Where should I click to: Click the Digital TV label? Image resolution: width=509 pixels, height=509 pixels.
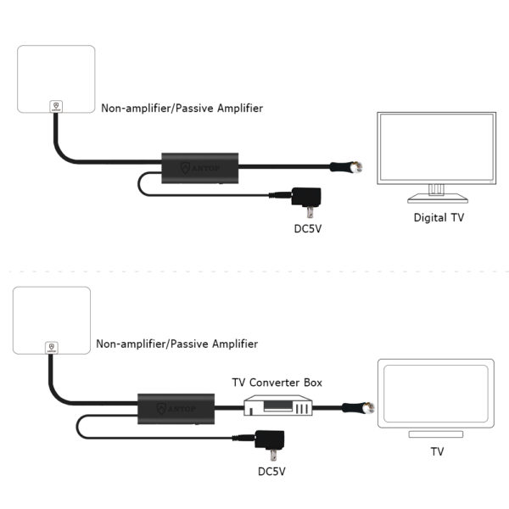(439, 218)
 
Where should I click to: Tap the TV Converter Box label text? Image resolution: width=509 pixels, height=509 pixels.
(277, 383)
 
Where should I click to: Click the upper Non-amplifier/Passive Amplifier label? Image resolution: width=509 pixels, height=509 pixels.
(182, 109)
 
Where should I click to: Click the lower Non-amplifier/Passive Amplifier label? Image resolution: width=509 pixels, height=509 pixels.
(177, 344)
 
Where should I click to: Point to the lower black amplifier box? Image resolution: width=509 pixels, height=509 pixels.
(176, 409)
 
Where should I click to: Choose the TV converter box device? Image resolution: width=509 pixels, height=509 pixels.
(277, 406)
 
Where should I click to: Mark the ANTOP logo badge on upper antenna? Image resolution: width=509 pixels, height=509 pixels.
(55, 104)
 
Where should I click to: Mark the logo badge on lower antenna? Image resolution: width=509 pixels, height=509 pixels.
(52, 347)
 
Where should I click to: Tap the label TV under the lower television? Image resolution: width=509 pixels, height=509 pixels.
(437, 452)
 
